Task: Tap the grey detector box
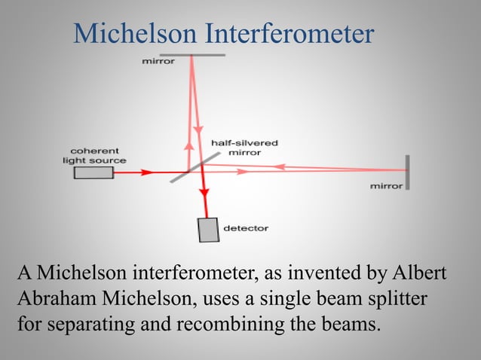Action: point(208,230)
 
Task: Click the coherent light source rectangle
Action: point(93,173)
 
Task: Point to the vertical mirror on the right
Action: point(407,172)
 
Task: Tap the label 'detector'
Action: point(247,227)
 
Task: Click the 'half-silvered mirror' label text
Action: point(244,147)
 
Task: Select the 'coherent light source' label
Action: point(93,154)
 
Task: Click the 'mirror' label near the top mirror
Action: point(159,61)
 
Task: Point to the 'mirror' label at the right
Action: point(386,186)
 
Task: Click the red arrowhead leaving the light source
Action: point(146,172)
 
